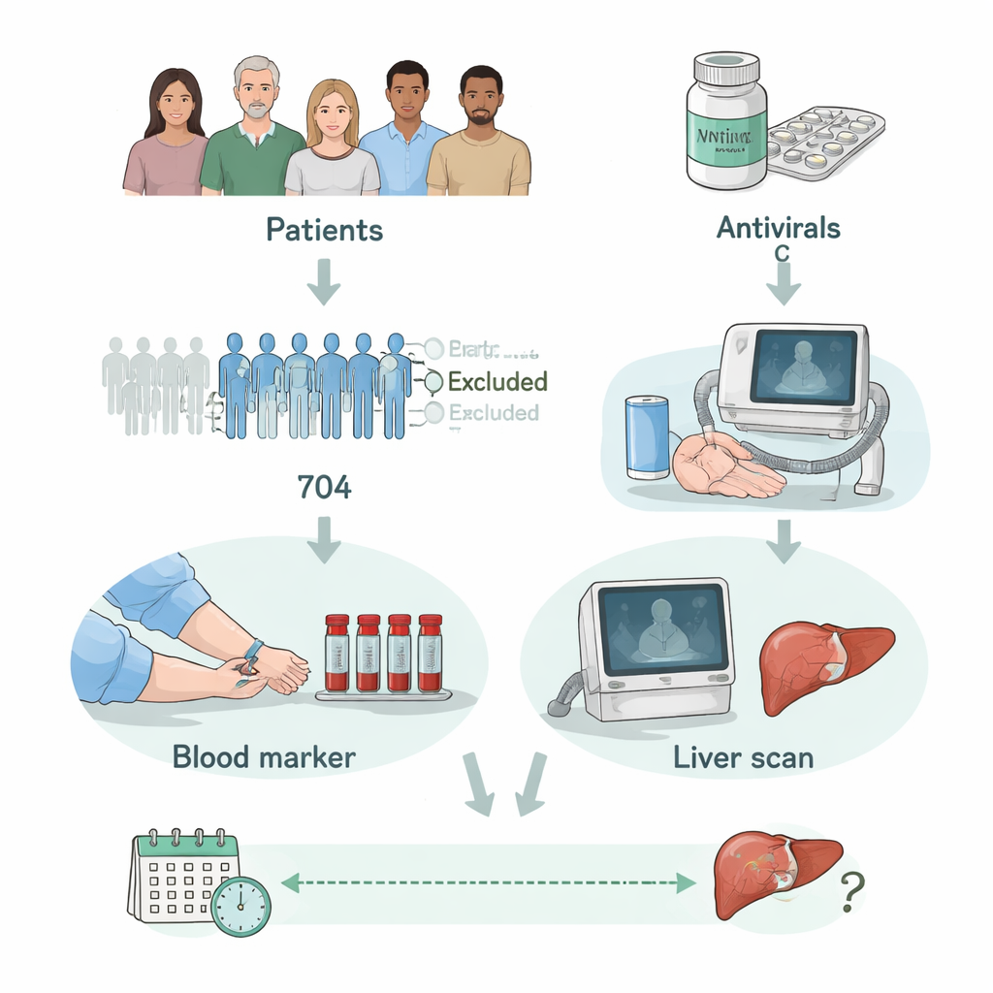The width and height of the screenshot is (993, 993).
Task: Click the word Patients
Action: click(x=324, y=230)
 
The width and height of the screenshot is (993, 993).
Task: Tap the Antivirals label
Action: click(x=778, y=228)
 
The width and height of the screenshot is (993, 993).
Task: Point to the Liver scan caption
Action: click(x=743, y=757)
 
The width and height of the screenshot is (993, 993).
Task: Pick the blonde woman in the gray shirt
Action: click(x=332, y=145)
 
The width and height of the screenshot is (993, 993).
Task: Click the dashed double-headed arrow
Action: click(x=489, y=881)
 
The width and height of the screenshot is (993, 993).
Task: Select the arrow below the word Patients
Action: click(x=324, y=281)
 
